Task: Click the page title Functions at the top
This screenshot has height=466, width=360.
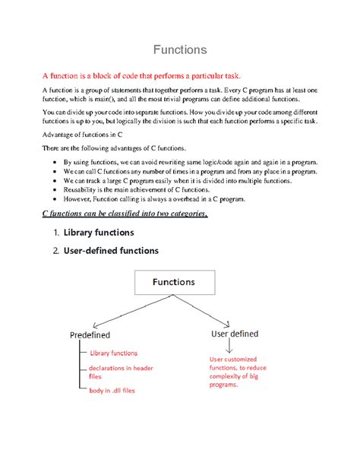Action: pos(179,50)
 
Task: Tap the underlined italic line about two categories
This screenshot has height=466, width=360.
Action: pos(125,214)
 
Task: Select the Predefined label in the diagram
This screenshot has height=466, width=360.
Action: pos(90,334)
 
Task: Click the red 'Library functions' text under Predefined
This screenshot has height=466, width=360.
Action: pos(114,353)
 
